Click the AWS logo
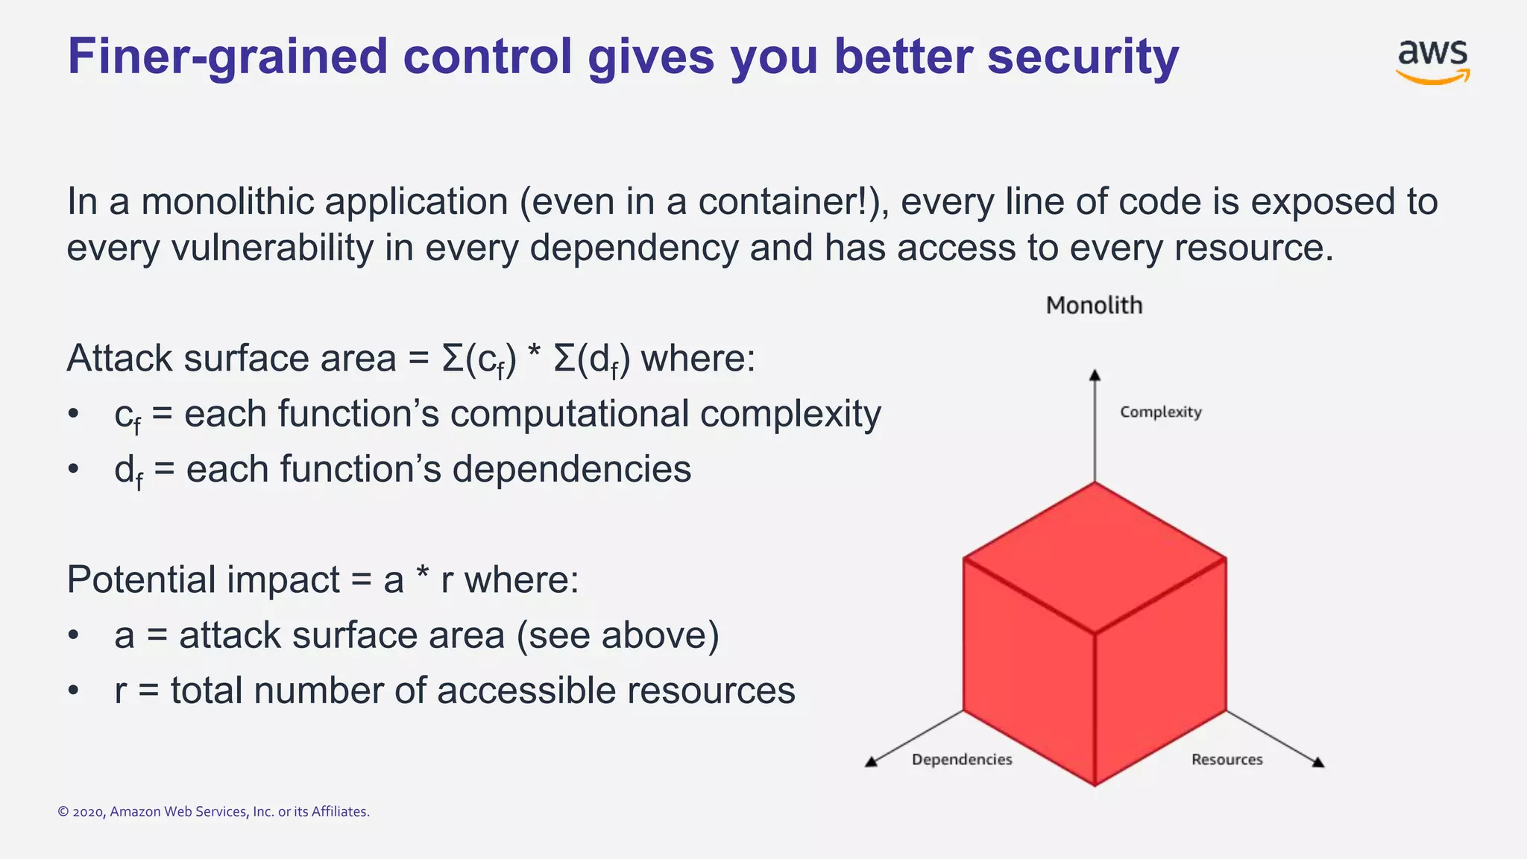click(1432, 61)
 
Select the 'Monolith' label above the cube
click(1094, 305)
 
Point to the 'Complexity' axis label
click(1160, 412)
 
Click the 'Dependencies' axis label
click(962, 759)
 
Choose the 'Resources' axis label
click(1227, 759)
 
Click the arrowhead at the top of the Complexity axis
click(1095, 375)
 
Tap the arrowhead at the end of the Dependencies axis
click(871, 761)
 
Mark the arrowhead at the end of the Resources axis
click(1318, 761)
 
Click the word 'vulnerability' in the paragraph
click(272, 248)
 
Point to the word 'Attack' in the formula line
click(119, 358)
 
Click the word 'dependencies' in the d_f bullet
click(571, 469)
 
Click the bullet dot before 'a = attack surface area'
click(73, 635)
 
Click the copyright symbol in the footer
click(63, 811)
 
